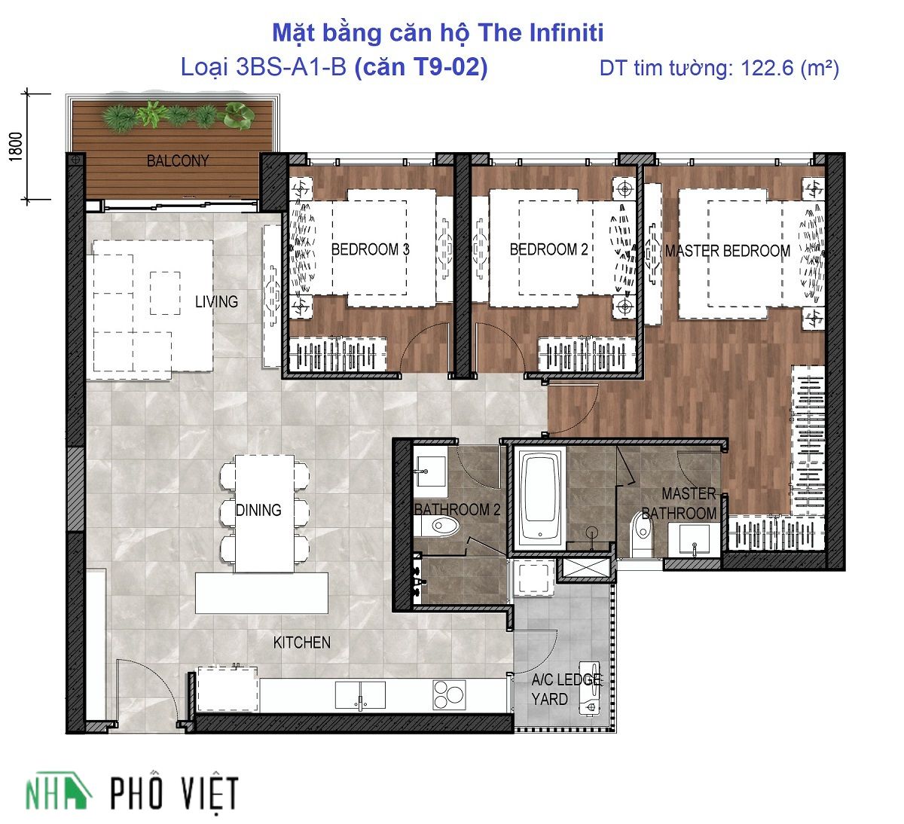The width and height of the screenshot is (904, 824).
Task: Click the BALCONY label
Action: pos(178,161)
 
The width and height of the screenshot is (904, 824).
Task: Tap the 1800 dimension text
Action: pos(16,147)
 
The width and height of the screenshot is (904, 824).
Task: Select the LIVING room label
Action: pos(216,301)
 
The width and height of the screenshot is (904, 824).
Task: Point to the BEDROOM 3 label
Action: pos(370,249)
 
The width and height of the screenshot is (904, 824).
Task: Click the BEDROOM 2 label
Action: pos(549,249)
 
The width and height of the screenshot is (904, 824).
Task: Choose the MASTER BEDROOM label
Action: pos(728,251)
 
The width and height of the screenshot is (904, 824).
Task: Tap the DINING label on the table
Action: pos(258,510)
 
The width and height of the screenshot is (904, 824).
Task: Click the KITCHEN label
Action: pos(301,642)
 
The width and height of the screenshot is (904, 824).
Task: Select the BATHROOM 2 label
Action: pos(457,509)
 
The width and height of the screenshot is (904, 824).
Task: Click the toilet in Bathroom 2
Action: pos(436,526)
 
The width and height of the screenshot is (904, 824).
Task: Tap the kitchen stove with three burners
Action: pos(449,694)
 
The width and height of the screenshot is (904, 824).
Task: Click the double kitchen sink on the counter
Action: pos(360,695)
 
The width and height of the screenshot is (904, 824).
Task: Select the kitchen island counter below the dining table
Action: pos(261,593)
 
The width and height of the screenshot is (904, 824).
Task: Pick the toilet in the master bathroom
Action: pos(642,535)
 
